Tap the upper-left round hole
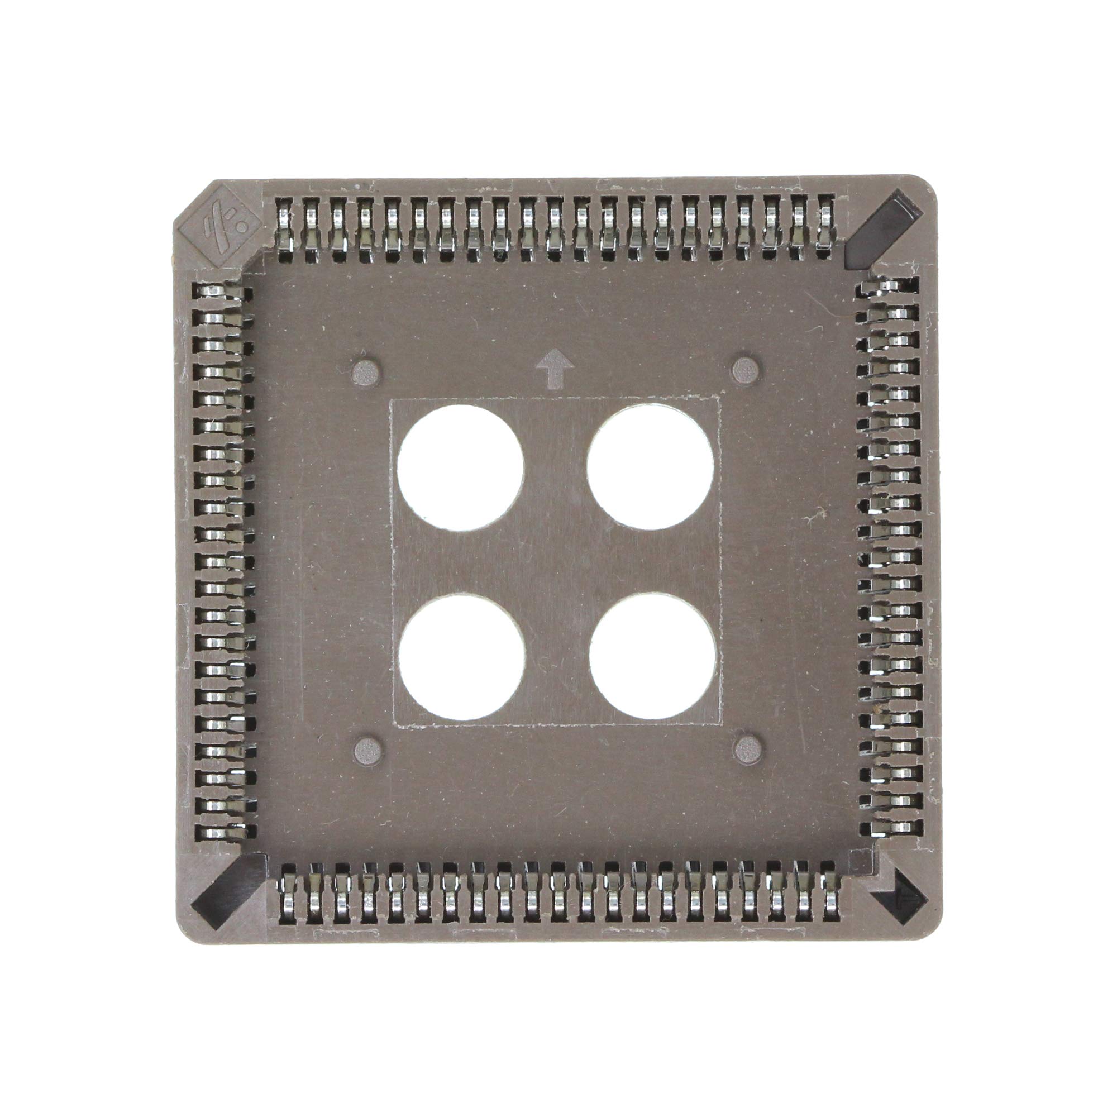pyautogui.click(x=461, y=467)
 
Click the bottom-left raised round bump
pyautogui.click(x=367, y=751)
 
